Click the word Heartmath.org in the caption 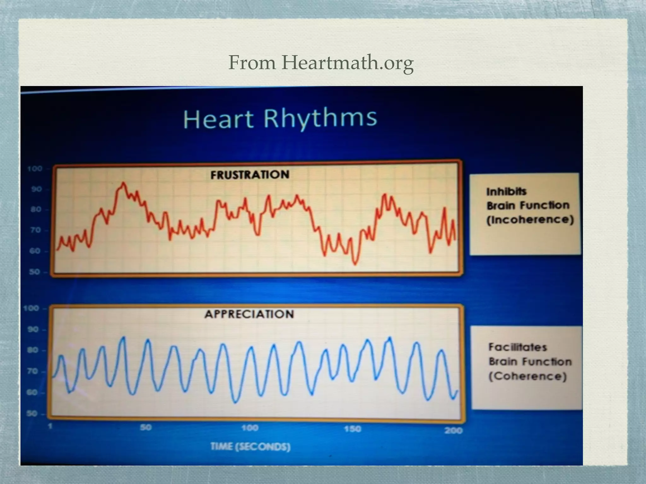347,63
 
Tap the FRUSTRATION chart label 250,175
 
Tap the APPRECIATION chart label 249,314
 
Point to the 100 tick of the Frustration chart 35,169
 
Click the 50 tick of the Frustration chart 35,272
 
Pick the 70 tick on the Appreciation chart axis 33,372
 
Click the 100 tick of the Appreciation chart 31,308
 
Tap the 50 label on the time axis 146,428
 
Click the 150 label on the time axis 352,429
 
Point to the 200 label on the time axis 453,430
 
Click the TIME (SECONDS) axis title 250,447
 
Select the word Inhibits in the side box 506,192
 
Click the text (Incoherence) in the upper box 530,220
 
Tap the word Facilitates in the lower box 518,347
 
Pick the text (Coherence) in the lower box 527,376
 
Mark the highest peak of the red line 123,183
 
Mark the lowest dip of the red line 355,264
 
